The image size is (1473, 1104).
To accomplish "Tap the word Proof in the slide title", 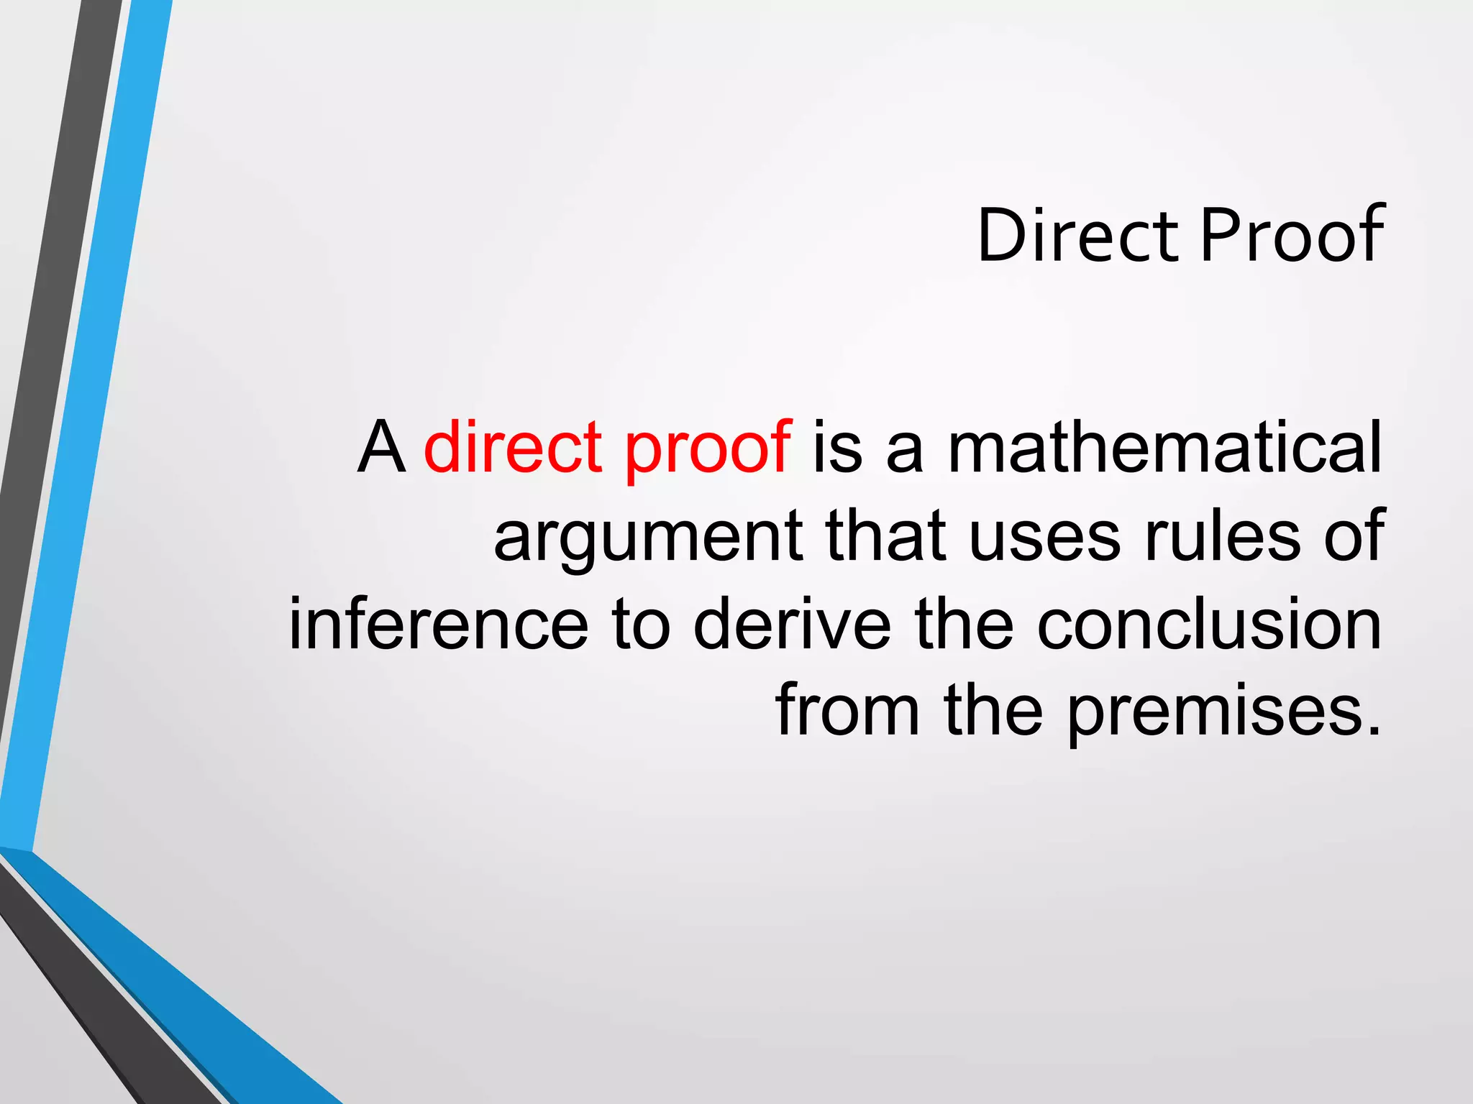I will (1292, 236).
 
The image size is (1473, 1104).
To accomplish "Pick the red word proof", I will (708, 453).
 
